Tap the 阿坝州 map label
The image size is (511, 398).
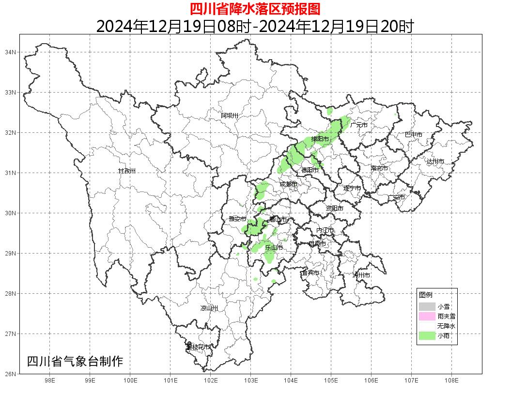coord(230,115)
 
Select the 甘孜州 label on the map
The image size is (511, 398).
coord(127,171)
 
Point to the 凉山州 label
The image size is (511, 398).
coord(209,308)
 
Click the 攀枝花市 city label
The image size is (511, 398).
coord(199,347)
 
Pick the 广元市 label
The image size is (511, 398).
coord(359,125)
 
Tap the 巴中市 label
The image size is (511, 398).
coord(414,135)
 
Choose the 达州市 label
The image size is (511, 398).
coord(435,161)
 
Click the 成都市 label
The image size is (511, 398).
coord(289,184)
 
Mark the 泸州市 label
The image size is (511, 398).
coord(361,275)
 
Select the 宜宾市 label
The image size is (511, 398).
coord(310,273)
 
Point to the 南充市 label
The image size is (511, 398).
coord(379,169)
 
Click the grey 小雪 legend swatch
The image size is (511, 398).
coord(427,306)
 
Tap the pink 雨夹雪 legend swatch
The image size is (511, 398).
coord(427,317)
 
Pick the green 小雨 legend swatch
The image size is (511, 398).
coord(427,336)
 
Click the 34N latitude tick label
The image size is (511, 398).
coord(11,52)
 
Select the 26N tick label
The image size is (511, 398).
coord(11,374)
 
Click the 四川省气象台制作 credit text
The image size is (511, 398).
coord(75,361)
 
